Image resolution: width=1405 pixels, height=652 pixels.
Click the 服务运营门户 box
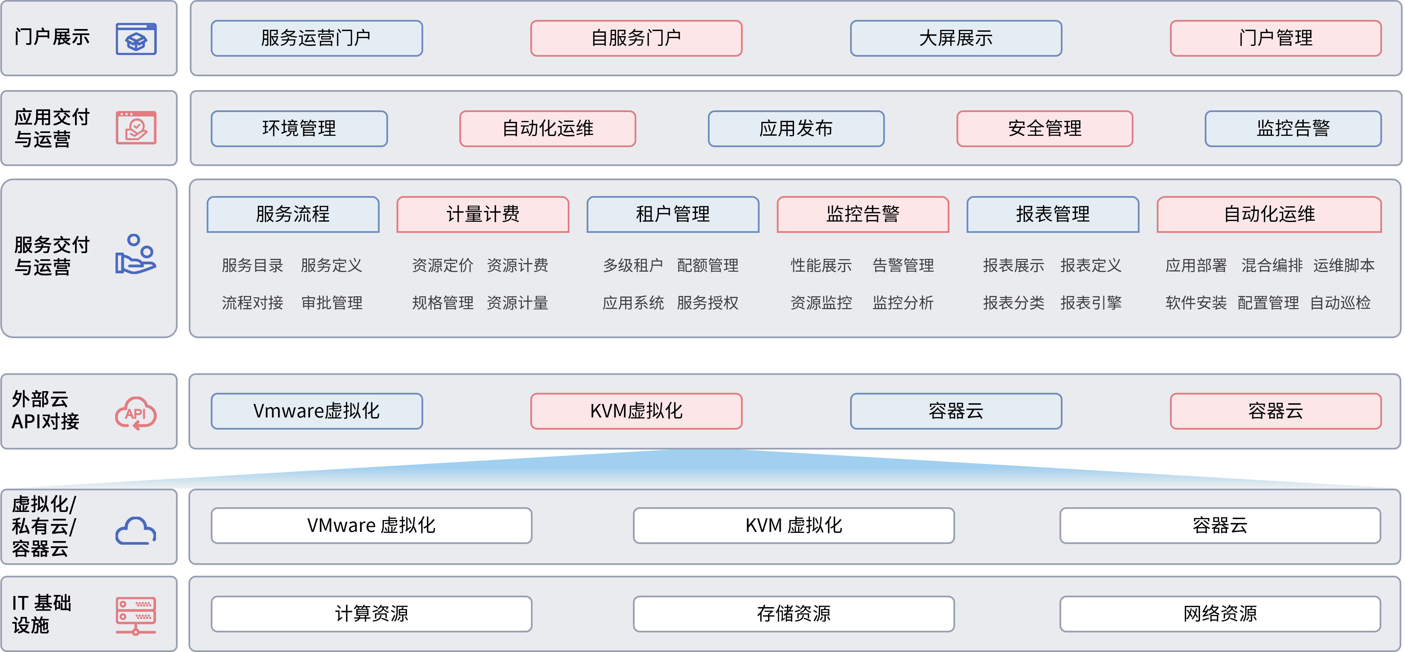(316, 38)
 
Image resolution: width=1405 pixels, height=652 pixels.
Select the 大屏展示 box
(955, 38)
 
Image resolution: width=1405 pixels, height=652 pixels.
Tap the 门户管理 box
(1275, 38)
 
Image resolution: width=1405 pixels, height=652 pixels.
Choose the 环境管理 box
(299, 129)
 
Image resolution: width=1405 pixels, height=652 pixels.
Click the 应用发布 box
(796, 129)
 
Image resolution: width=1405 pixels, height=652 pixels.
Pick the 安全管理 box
(1045, 129)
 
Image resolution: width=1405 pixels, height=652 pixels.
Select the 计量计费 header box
(483, 214)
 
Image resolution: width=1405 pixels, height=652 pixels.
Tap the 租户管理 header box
(672, 214)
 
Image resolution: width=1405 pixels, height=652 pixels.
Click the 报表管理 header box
(1053, 214)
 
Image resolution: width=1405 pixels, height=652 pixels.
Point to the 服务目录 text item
(253, 266)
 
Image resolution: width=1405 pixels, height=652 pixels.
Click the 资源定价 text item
(442, 266)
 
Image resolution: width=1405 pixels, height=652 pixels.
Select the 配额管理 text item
(708, 266)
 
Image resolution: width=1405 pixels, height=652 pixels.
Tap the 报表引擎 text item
(1091, 303)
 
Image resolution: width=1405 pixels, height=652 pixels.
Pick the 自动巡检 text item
(1340, 303)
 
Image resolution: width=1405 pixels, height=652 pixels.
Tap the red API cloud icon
(136, 413)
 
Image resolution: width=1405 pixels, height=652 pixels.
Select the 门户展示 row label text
(52, 37)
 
